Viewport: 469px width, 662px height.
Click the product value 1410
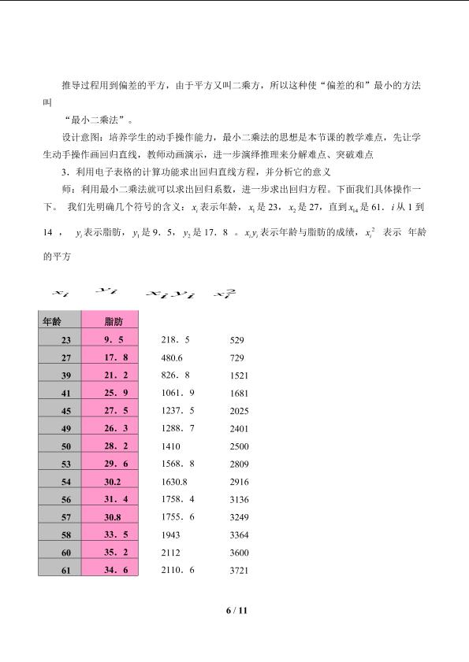pyautogui.click(x=170, y=446)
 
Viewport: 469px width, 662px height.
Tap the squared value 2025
pyautogui.click(x=239, y=411)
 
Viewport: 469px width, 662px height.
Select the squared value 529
pyautogui.click(x=236, y=340)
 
